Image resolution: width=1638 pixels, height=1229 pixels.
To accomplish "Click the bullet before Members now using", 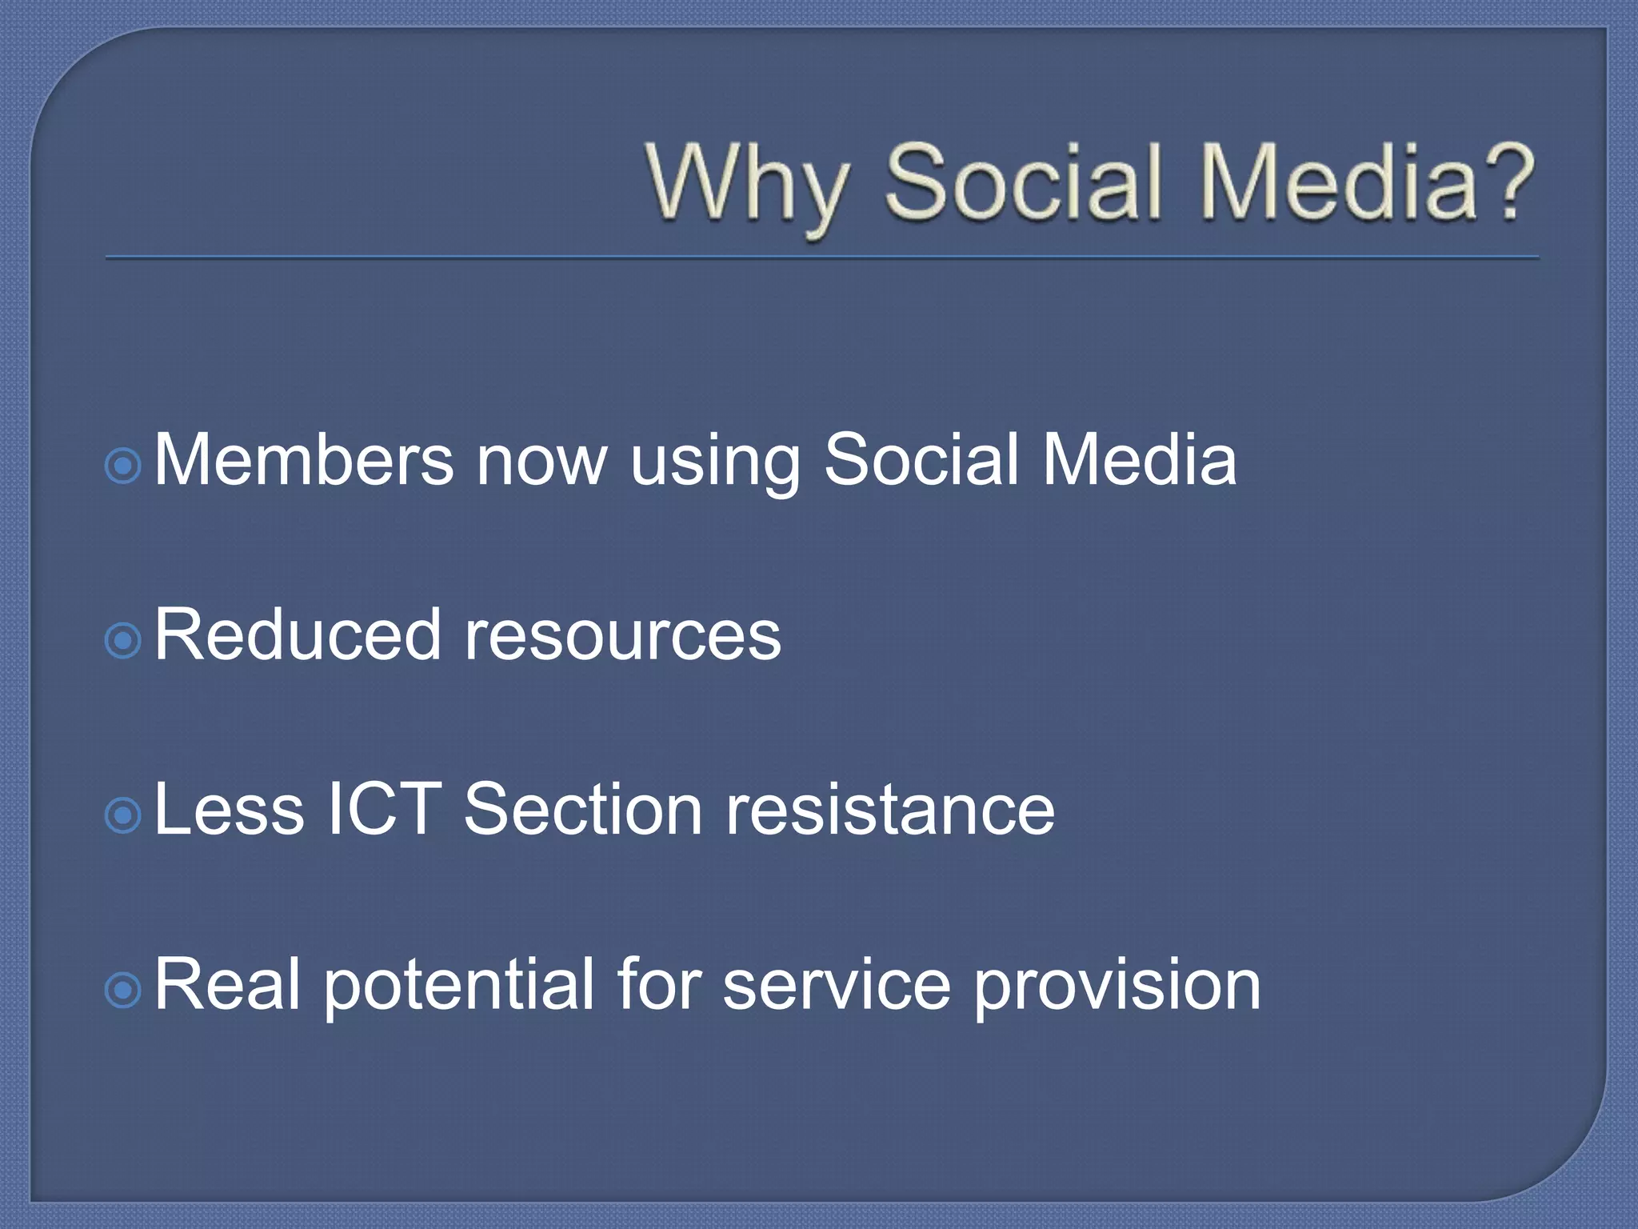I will point(123,466).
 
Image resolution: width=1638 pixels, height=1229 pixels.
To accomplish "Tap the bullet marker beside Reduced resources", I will point(123,640).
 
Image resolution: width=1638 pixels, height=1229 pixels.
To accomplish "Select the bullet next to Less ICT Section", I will point(123,815).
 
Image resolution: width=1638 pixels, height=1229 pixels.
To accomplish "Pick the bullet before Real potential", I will point(123,991).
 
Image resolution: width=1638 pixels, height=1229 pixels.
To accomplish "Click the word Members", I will point(304,459).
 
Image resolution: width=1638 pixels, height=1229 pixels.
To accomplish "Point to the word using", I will point(714,464).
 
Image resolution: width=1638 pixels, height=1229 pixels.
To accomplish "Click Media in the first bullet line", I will point(1140,459).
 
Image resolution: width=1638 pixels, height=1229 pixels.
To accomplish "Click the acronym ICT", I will point(385,810).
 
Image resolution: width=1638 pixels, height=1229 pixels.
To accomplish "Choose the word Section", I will point(583,810).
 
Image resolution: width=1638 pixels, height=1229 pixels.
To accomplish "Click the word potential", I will point(459,986).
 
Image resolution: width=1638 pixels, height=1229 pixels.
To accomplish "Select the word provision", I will point(1117,986).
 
